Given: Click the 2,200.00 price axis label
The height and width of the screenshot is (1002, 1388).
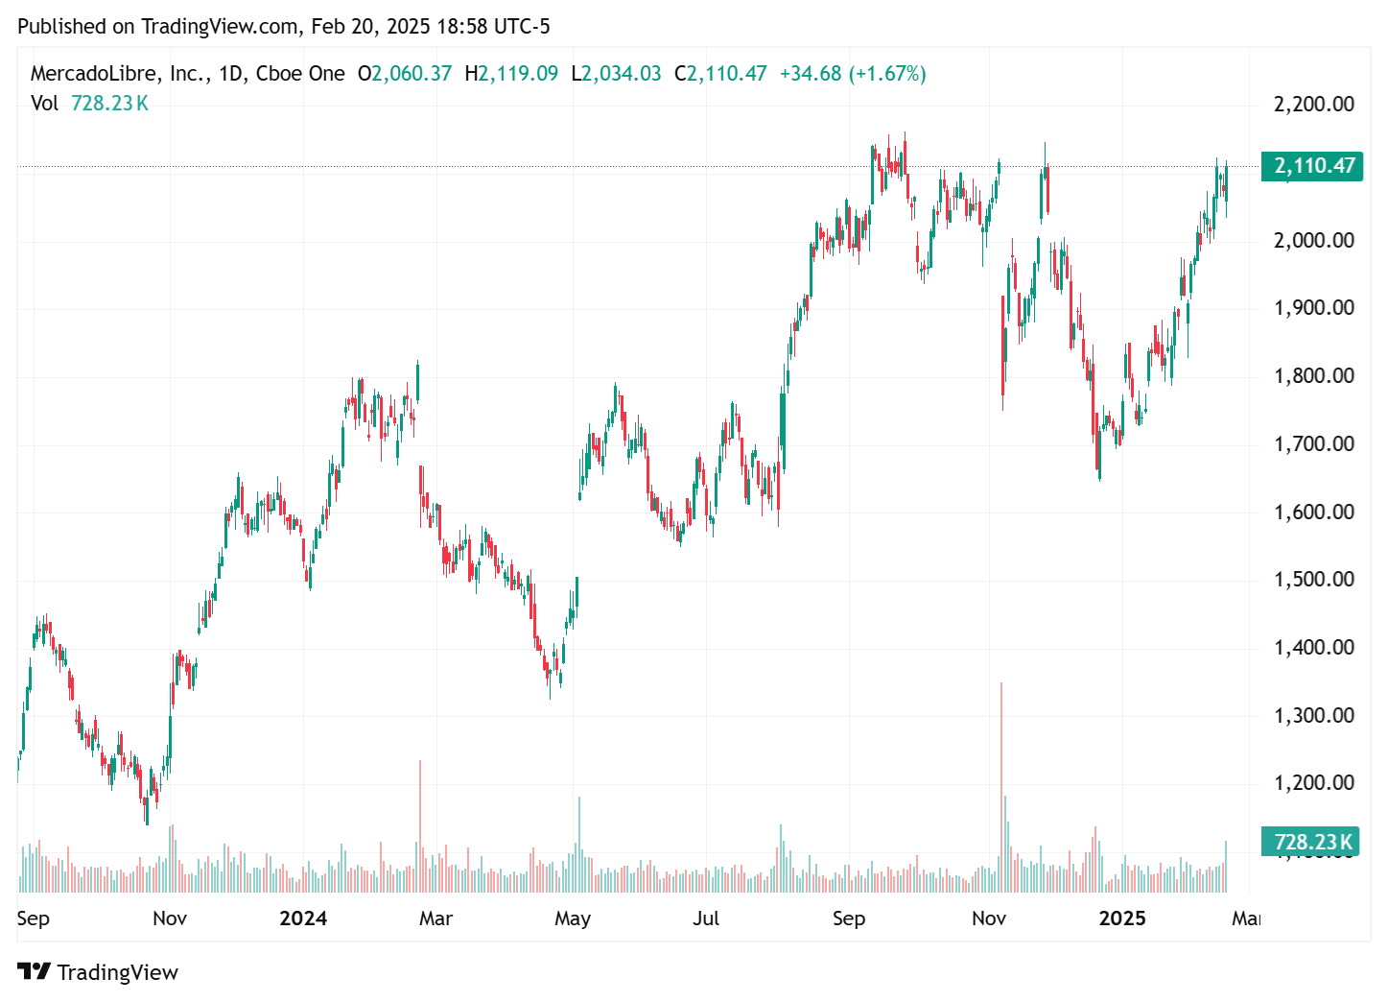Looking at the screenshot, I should pyautogui.click(x=1313, y=104).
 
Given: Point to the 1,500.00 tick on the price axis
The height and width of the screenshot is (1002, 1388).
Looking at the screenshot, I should pyautogui.click(x=1313, y=579).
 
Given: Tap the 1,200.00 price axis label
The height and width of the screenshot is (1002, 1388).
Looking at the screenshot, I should pyautogui.click(x=1313, y=782).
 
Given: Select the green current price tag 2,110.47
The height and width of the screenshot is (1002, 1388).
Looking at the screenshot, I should pyautogui.click(x=1313, y=166).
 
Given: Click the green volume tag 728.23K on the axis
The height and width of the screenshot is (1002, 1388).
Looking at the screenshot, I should pyautogui.click(x=1311, y=842).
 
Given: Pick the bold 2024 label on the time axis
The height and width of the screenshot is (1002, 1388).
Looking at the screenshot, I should pyautogui.click(x=303, y=918).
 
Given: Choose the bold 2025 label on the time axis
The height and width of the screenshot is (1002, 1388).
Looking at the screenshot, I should pyautogui.click(x=1122, y=918).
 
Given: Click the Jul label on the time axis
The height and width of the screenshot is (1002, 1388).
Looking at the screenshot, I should pyautogui.click(x=706, y=918).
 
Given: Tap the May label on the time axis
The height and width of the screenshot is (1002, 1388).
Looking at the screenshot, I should pyautogui.click(x=573, y=918).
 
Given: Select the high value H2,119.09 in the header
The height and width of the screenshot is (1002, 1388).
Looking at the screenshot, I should pyautogui.click(x=511, y=74).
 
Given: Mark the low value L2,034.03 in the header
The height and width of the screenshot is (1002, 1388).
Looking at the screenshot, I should pyautogui.click(x=616, y=74).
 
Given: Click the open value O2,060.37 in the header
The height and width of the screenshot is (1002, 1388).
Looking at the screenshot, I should pyautogui.click(x=405, y=74).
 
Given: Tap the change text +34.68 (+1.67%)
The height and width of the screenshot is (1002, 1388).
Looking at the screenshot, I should pyautogui.click(x=853, y=74).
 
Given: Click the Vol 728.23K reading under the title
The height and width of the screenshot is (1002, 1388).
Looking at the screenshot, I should pyautogui.click(x=89, y=104).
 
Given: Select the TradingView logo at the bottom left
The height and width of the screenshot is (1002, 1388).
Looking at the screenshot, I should pyautogui.click(x=98, y=972).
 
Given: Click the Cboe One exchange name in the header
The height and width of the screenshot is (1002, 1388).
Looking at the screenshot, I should pyautogui.click(x=300, y=74).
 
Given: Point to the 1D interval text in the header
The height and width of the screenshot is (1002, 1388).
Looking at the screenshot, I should pyautogui.click(x=230, y=74).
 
